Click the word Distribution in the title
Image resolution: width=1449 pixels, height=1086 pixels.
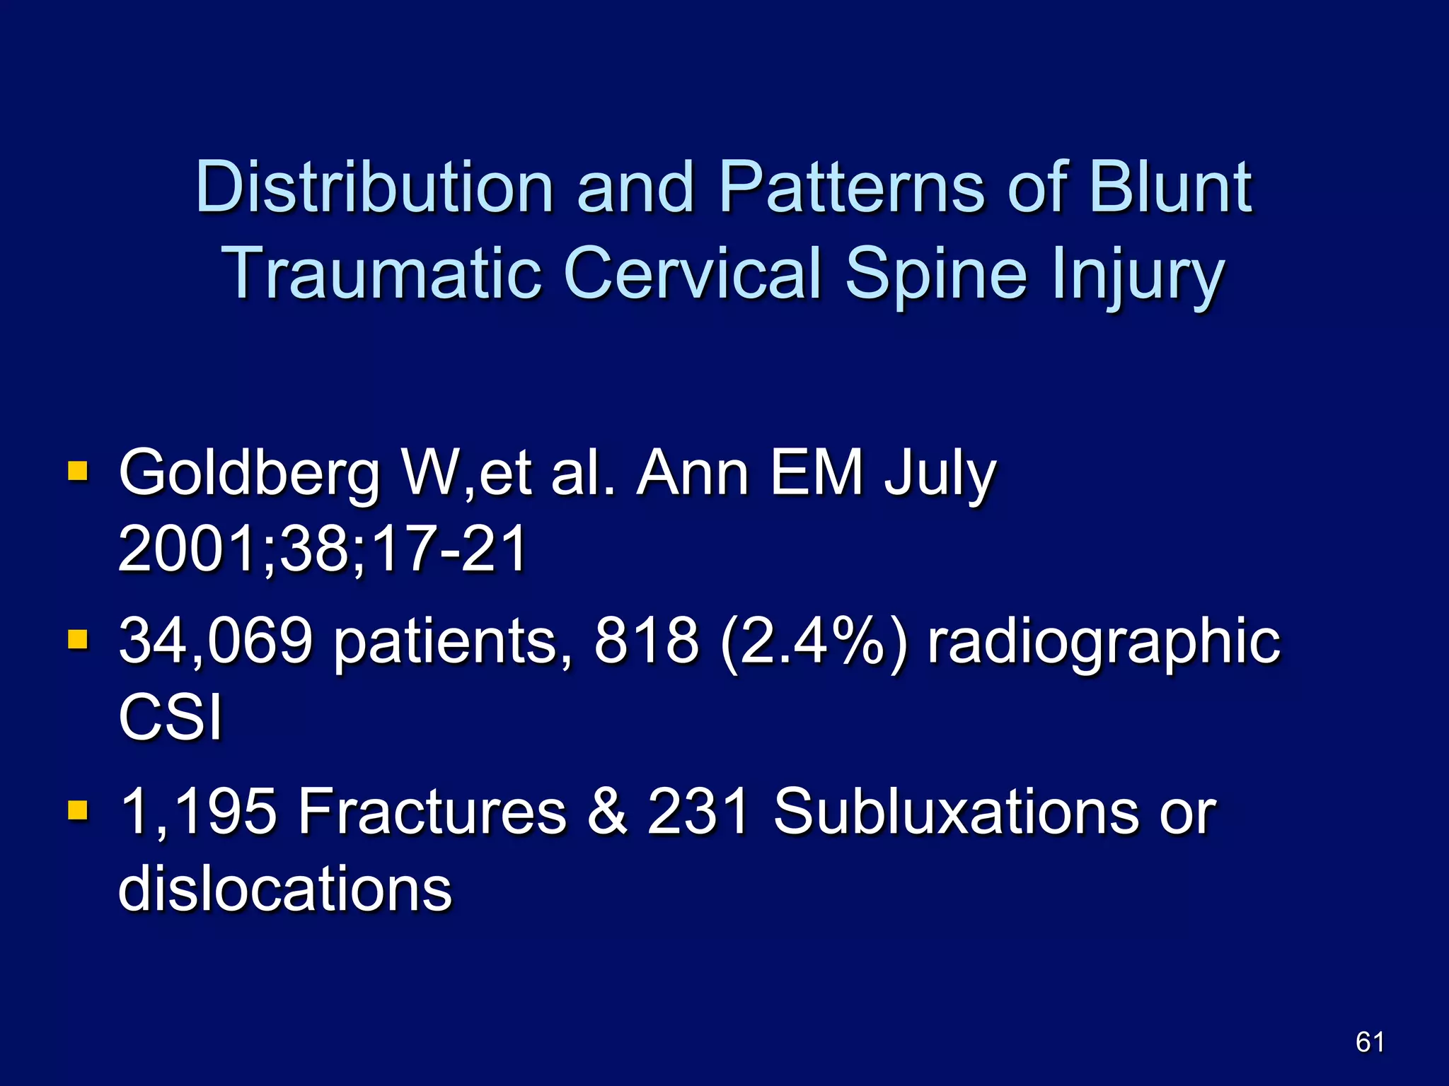(374, 187)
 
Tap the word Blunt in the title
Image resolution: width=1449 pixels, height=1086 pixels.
(1170, 187)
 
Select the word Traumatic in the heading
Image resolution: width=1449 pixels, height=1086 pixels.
(382, 274)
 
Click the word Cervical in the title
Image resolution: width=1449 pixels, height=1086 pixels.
(694, 274)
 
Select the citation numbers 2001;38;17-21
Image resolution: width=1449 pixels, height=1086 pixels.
(322, 549)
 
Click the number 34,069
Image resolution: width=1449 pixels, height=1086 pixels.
(216, 641)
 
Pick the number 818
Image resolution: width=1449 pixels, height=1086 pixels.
(646, 641)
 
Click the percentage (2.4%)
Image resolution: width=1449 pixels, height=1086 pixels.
(812, 641)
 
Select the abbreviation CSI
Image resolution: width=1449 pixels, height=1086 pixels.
(171, 717)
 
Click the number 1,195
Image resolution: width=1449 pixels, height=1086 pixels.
(198, 812)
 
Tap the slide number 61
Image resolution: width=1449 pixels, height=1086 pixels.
(1370, 1042)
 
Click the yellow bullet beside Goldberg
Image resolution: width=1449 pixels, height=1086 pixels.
(78, 471)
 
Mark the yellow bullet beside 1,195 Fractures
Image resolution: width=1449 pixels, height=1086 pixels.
(78, 810)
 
